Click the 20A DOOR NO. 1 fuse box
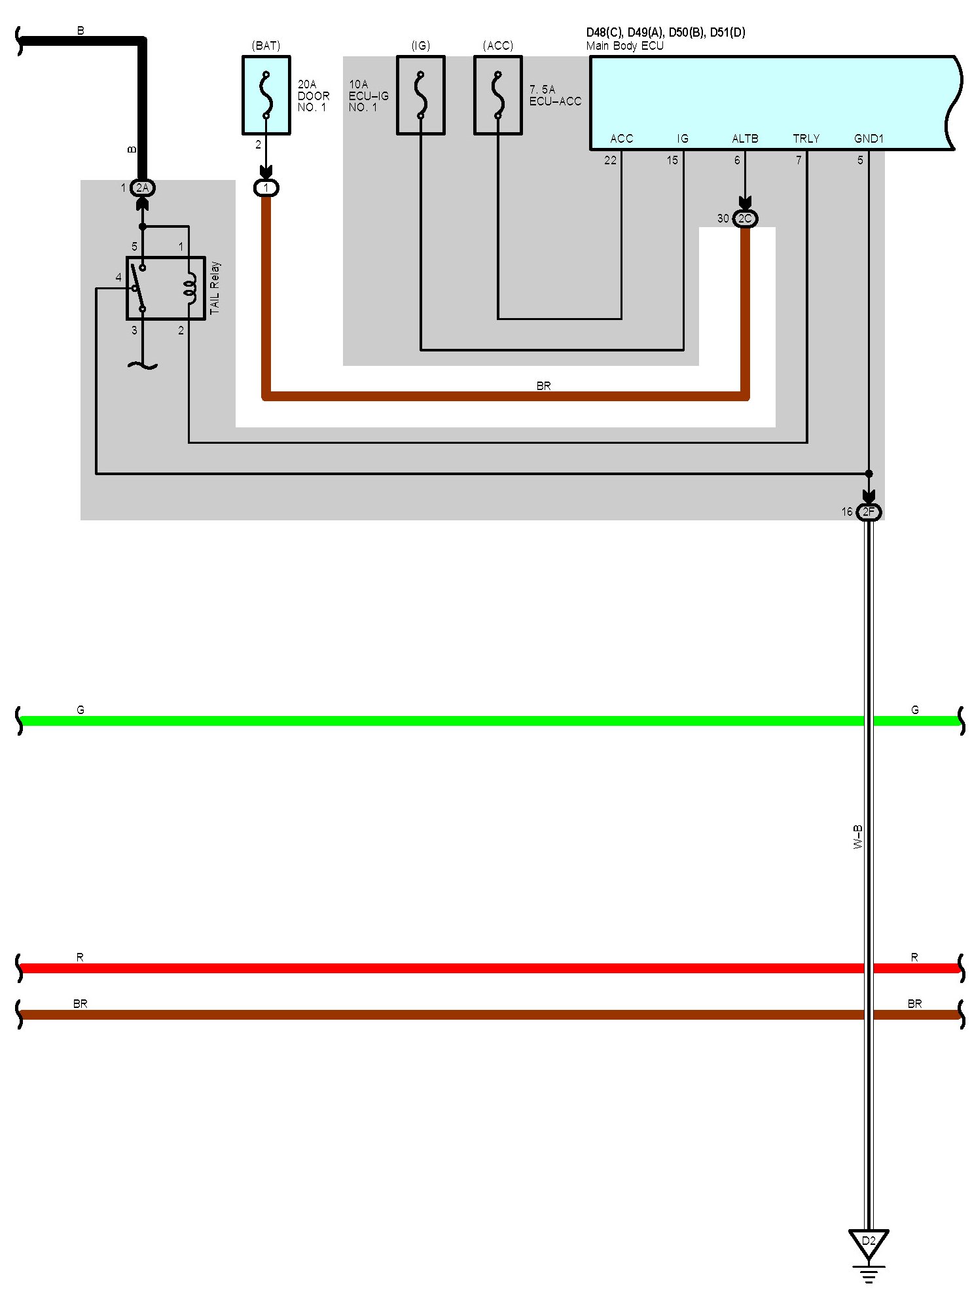(x=266, y=95)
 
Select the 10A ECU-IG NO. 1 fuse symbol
(x=420, y=95)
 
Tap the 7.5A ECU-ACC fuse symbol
(x=497, y=95)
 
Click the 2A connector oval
(x=142, y=188)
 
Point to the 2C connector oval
(x=745, y=218)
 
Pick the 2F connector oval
(x=869, y=512)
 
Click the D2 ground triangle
(x=869, y=1242)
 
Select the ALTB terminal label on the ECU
(x=745, y=139)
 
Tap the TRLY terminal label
(x=806, y=139)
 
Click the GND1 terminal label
(x=869, y=139)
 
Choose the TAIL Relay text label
(x=215, y=287)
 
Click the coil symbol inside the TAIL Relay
(x=190, y=288)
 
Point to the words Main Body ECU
(x=624, y=46)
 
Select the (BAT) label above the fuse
(x=266, y=46)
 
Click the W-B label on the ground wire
(x=858, y=837)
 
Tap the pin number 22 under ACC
(x=610, y=160)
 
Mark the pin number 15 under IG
(x=672, y=160)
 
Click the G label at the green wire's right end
(x=914, y=709)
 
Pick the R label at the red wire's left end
(x=80, y=957)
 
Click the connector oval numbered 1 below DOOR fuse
(x=266, y=188)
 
